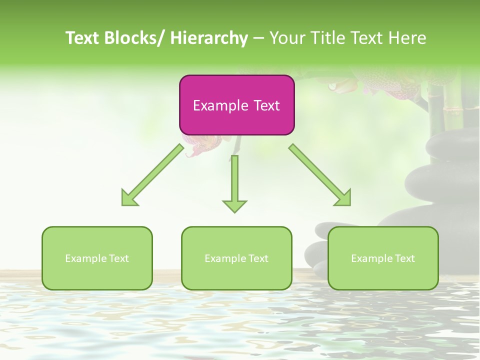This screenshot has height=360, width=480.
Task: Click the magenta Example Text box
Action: click(x=236, y=105)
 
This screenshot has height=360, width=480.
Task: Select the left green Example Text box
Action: click(x=97, y=258)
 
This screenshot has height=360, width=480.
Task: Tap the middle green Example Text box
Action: click(x=236, y=258)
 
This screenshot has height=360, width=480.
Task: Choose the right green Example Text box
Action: click(x=383, y=258)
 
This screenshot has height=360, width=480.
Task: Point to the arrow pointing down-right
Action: click(x=320, y=175)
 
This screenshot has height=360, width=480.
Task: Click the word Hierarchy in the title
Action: click(x=209, y=38)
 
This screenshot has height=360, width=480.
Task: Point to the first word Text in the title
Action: click(x=83, y=38)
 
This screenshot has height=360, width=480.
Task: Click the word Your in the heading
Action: click(x=287, y=38)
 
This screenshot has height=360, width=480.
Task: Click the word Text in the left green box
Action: click(x=119, y=258)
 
